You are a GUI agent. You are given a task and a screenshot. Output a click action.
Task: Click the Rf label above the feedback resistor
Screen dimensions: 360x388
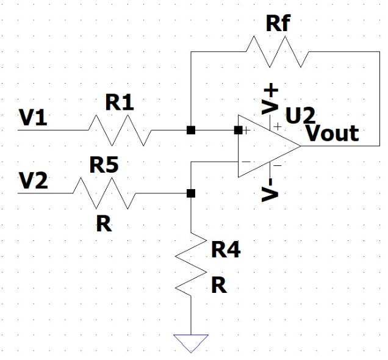click(280, 25)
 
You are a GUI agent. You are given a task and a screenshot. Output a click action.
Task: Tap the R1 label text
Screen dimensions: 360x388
click(120, 103)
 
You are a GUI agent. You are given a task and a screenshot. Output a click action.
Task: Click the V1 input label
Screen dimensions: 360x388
click(34, 119)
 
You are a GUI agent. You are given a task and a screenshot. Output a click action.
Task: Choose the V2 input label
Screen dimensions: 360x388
click(33, 181)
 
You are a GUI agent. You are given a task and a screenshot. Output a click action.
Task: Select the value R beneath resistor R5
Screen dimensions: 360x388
click(104, 224)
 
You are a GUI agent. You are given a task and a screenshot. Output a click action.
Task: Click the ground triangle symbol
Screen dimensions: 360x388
click(191, 342)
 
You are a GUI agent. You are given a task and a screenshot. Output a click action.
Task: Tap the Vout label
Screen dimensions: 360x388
click(332, 133)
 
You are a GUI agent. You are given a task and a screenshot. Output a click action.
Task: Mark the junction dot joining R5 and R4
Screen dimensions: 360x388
click(191, 193)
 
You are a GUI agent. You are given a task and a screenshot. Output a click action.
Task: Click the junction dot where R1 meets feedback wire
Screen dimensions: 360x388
click(191, 130)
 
